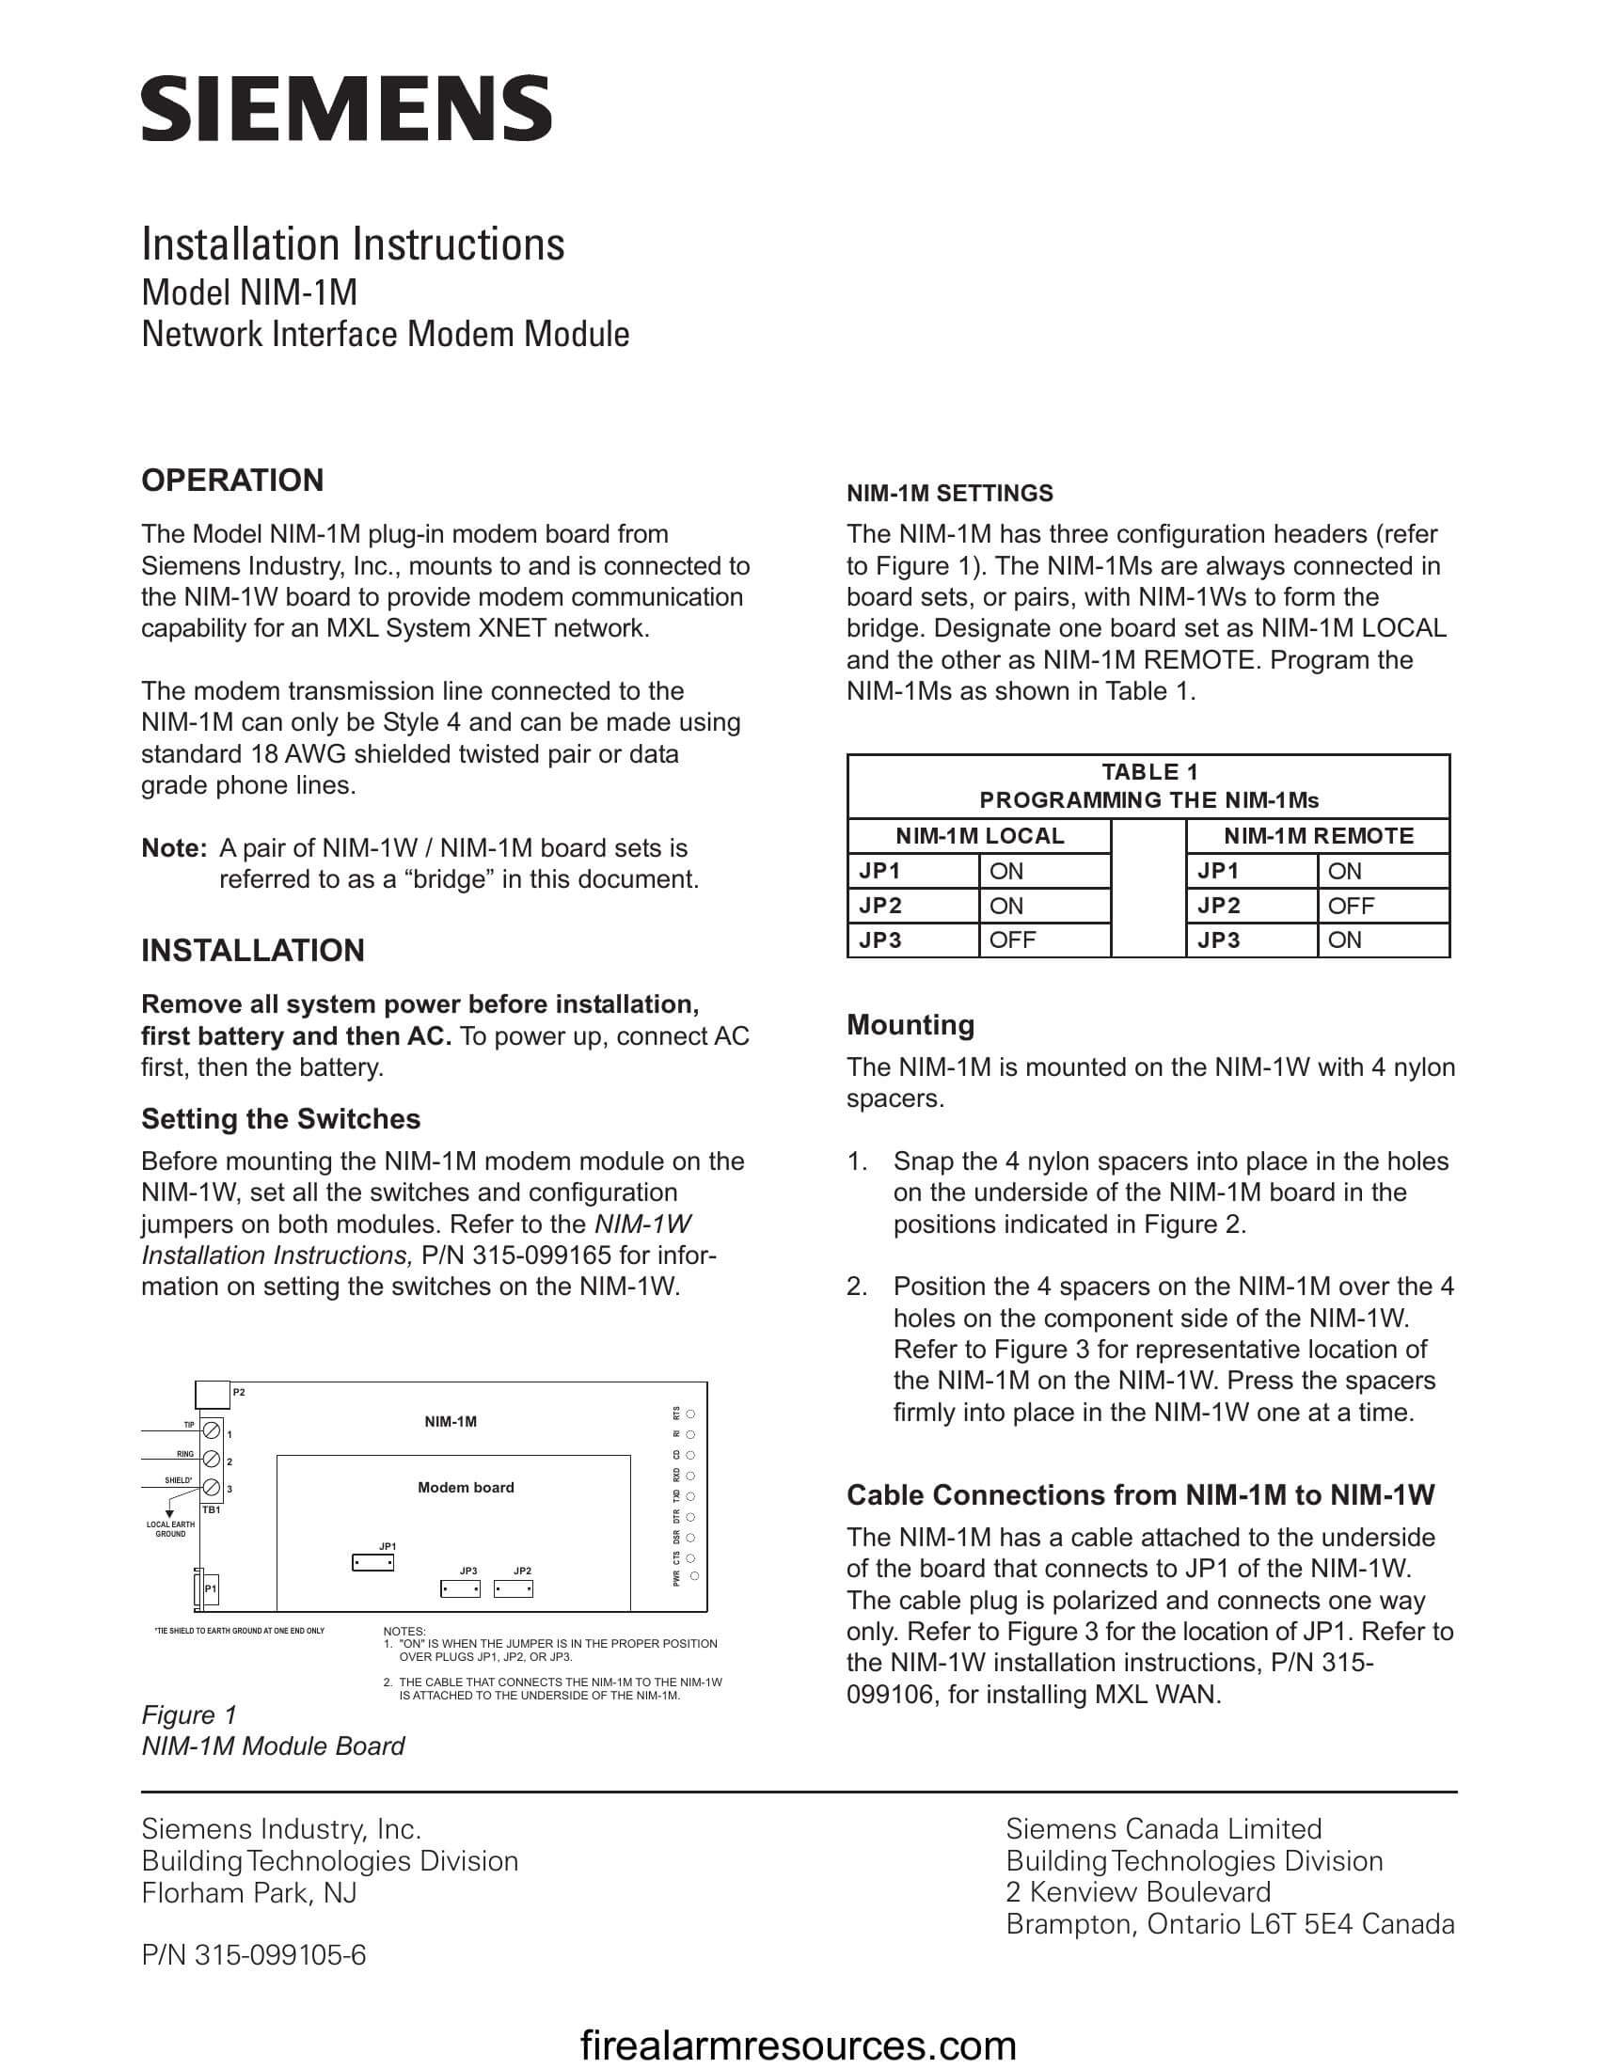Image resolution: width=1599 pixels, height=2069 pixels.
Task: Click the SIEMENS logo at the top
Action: (x=346, y=109)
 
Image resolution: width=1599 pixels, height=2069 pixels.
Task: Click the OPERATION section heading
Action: (x=232, y=481)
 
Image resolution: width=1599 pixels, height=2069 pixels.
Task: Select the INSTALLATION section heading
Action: (x=252, y=950)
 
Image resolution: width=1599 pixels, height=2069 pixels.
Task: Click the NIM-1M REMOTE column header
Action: (x=1318, y=835)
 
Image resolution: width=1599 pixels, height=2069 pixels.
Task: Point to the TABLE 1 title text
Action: (x=1149, y=772)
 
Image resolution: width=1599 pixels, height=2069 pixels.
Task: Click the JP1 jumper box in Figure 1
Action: (x=372, y=1562)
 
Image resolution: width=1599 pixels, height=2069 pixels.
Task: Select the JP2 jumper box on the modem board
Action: (x=513, y=1588)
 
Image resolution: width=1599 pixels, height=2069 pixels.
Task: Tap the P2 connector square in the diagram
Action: (x=213, y=1395)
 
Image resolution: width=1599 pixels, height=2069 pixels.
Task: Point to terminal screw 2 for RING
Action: (x=213, y=1459)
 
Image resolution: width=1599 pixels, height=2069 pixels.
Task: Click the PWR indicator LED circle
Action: (x=694, y=1576)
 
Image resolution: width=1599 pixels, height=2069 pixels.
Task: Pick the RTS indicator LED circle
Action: (x=690, y=1414)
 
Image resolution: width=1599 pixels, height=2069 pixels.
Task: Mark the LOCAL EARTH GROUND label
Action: (x=170, y=1529)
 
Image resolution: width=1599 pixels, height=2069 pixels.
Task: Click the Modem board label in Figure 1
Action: (x=465, y=1488)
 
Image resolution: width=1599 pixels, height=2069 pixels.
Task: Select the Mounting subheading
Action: (x=910, y=1025)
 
